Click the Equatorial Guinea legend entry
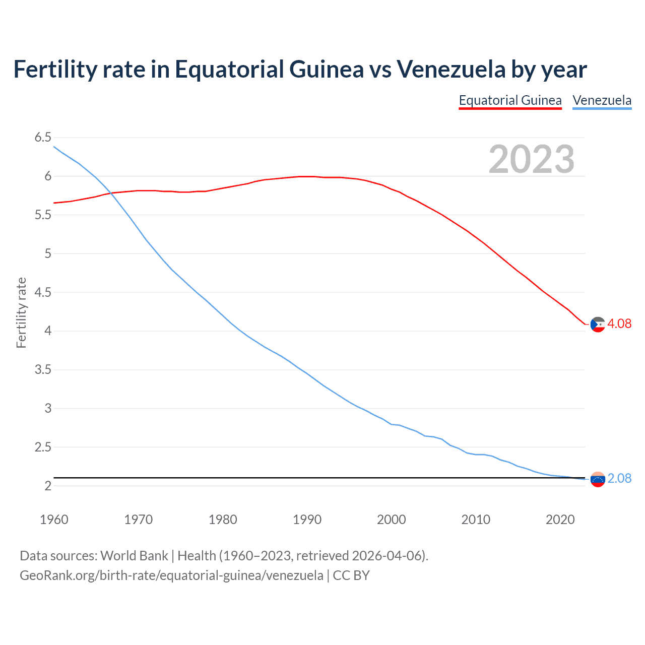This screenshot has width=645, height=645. (510, 100)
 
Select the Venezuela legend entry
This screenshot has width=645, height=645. (602, 100)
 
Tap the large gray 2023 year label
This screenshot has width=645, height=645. (531, 159)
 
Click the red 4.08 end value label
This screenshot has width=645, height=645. (619, 324)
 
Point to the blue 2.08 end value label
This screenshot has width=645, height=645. (619, 478)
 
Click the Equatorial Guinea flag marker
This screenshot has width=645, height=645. (598, 325)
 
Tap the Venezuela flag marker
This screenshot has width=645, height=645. (598, 479)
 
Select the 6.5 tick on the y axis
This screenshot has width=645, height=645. (43, 138)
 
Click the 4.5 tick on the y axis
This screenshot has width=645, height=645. (43, 292)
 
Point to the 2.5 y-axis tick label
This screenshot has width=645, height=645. (43, 447)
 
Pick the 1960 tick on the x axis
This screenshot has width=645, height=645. (54, 520)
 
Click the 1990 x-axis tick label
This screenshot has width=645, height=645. (307, 520)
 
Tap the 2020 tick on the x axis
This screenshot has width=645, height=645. (560, 520)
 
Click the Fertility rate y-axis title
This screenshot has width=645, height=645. (21, 312)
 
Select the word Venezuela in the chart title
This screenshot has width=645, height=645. (450, 70)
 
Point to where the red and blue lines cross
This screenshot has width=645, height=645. (108, 193)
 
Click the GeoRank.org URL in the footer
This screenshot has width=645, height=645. (171, 575)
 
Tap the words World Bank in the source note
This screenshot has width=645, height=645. (134, 556)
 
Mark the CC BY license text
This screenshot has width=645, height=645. (351, 575)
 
